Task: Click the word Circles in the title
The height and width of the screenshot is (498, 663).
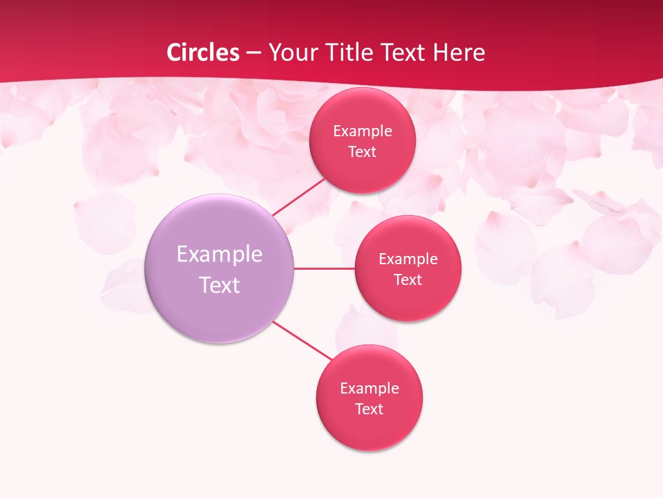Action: [x=203, y=53]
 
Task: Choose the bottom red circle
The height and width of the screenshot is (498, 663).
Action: [x=369, y=429]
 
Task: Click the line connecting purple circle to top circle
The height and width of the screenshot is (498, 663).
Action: [x=298, y=196]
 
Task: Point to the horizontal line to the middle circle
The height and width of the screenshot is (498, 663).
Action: [x=324, y=268]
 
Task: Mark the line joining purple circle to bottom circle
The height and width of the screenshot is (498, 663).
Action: [x=302, y=340]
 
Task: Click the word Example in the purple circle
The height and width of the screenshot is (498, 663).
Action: [x=220, y=255]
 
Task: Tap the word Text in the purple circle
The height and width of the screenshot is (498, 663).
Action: [x=220, y=285]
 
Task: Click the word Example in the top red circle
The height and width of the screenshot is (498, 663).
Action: [x=363, y=131]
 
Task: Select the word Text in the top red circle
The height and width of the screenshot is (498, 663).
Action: [x=363, y=152]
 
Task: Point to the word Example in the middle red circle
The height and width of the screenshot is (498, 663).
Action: [x=408, y=259]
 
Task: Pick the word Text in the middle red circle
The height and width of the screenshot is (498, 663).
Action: [x=408, y=280]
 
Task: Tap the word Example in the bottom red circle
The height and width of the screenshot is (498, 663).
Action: [x=369, y=389]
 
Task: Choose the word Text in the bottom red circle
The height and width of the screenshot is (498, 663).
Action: [x=369, y=409]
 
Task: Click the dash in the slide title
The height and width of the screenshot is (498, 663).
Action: [x=253, y=53]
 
